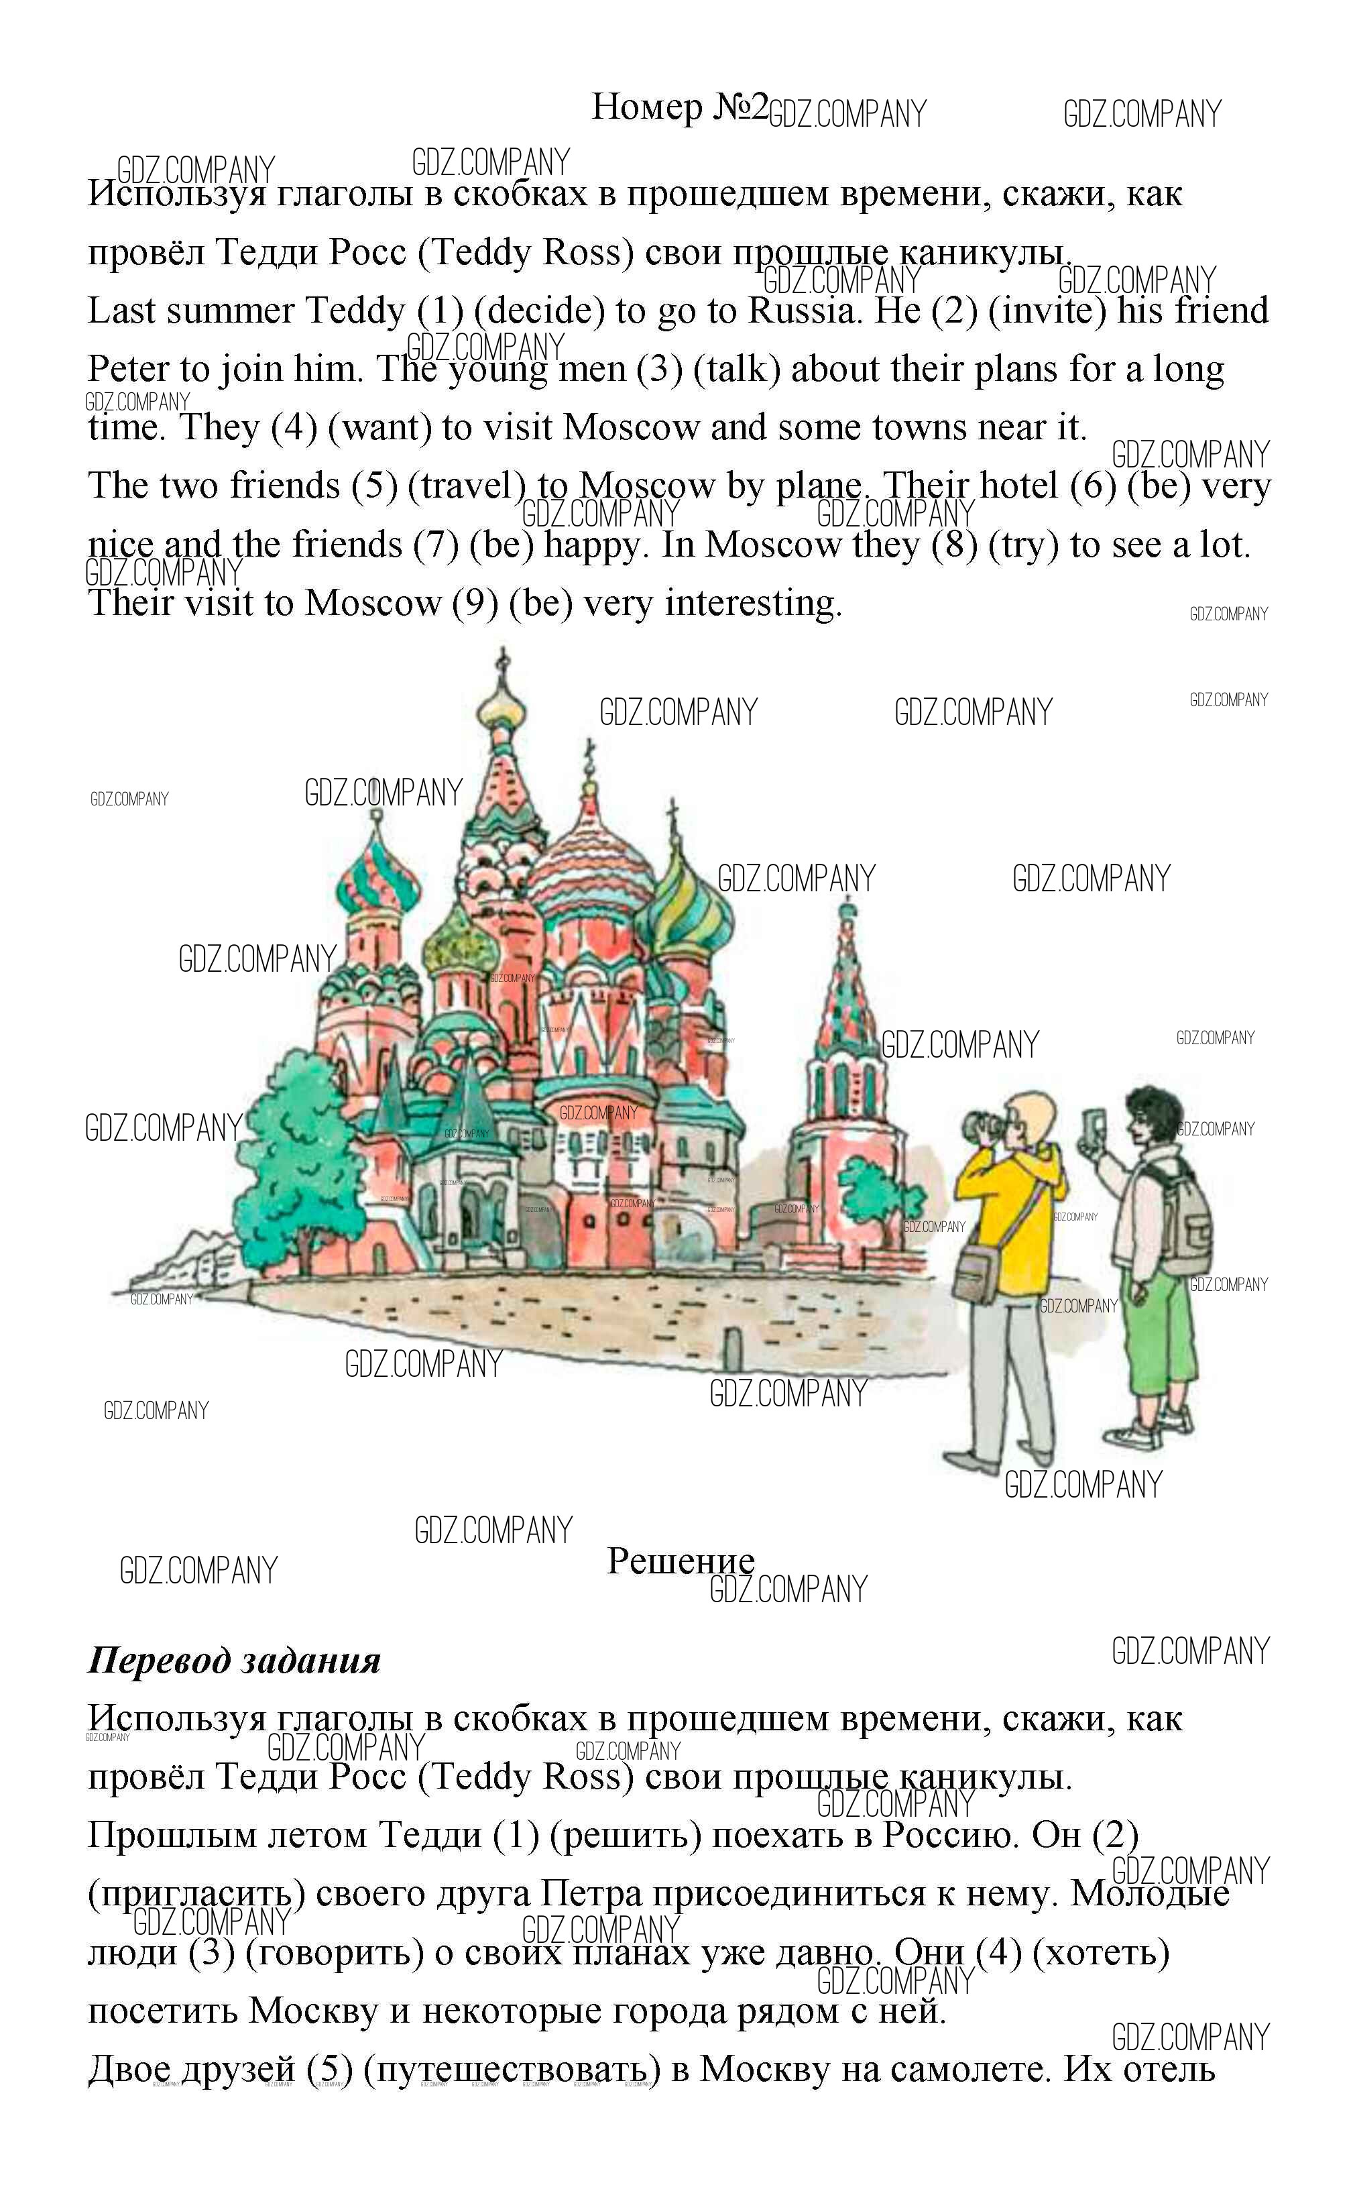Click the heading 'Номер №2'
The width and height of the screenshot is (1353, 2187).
pos(680,107)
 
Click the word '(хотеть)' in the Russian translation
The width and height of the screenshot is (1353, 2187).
pos(1101,1954)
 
